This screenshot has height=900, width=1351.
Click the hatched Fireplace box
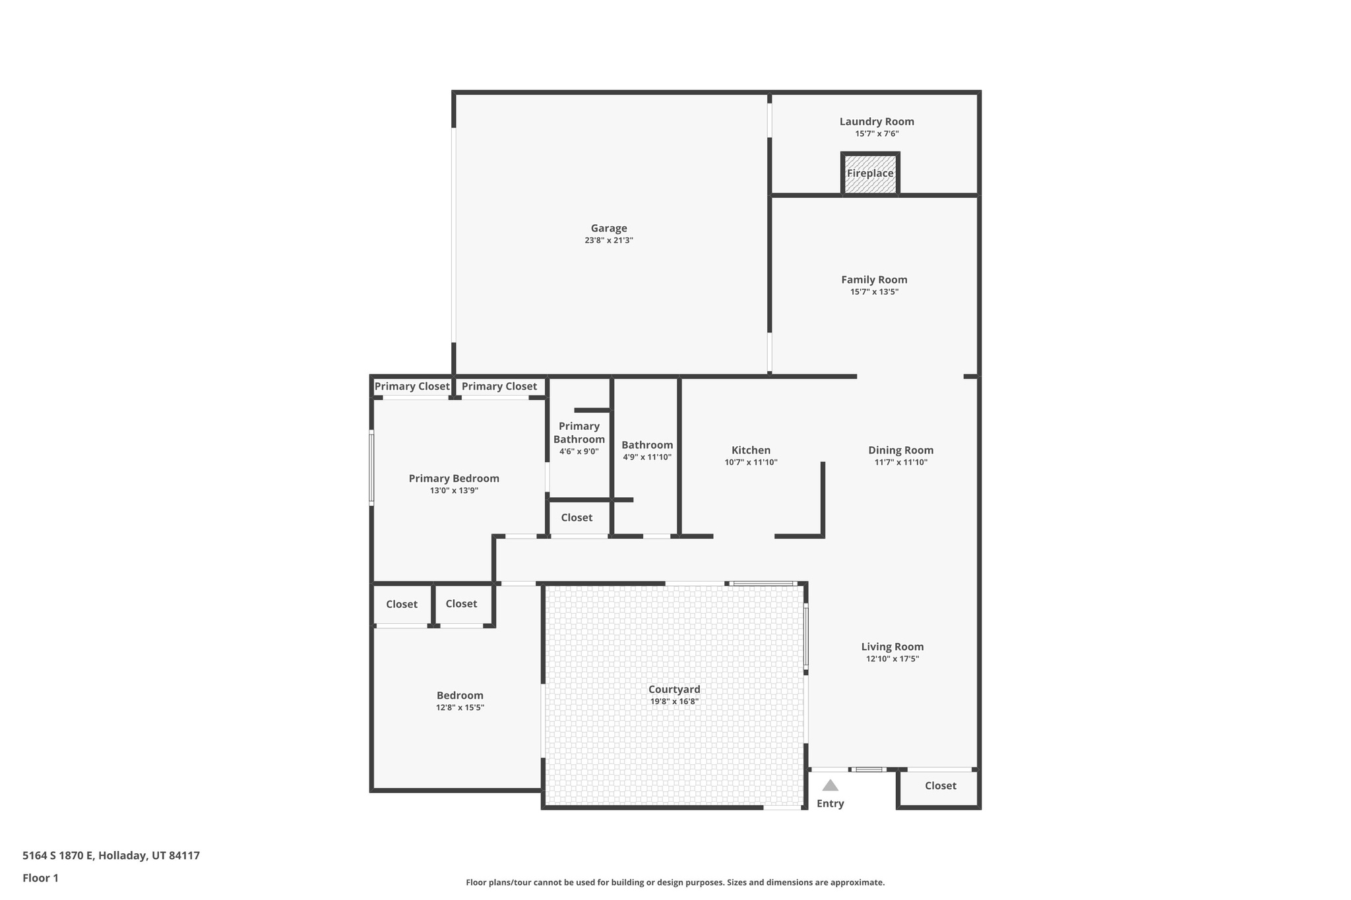tap(870, 174)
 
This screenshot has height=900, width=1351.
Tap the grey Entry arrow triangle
tap(830, 785)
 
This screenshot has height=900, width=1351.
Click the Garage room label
tap(608, 228)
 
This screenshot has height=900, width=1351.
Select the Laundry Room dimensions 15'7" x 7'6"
tap(877, 134)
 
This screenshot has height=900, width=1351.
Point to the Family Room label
tap(874, 280)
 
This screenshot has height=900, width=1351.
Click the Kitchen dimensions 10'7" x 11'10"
tap(751, 463)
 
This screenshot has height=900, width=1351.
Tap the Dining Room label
tap(900, 450)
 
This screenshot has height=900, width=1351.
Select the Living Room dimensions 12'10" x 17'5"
tap(892, 659)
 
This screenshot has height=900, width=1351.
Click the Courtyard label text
tap(674, 690)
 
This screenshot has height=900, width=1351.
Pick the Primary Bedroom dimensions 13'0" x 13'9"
tap(454, 491)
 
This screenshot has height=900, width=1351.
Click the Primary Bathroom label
tap(579, 433)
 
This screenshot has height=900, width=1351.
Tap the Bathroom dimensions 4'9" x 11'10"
tap(646, 457)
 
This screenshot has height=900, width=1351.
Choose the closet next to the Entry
tap(940, 786)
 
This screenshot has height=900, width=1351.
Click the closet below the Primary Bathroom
tap(577, 518)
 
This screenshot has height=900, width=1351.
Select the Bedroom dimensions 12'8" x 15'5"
tap(460, 707)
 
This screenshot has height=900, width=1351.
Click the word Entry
tap(830, 804)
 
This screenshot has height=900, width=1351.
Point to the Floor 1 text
tap(40, 878)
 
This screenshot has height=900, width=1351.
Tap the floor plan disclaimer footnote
tap(675, 882)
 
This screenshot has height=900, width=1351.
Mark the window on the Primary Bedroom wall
tap(371, 469)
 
